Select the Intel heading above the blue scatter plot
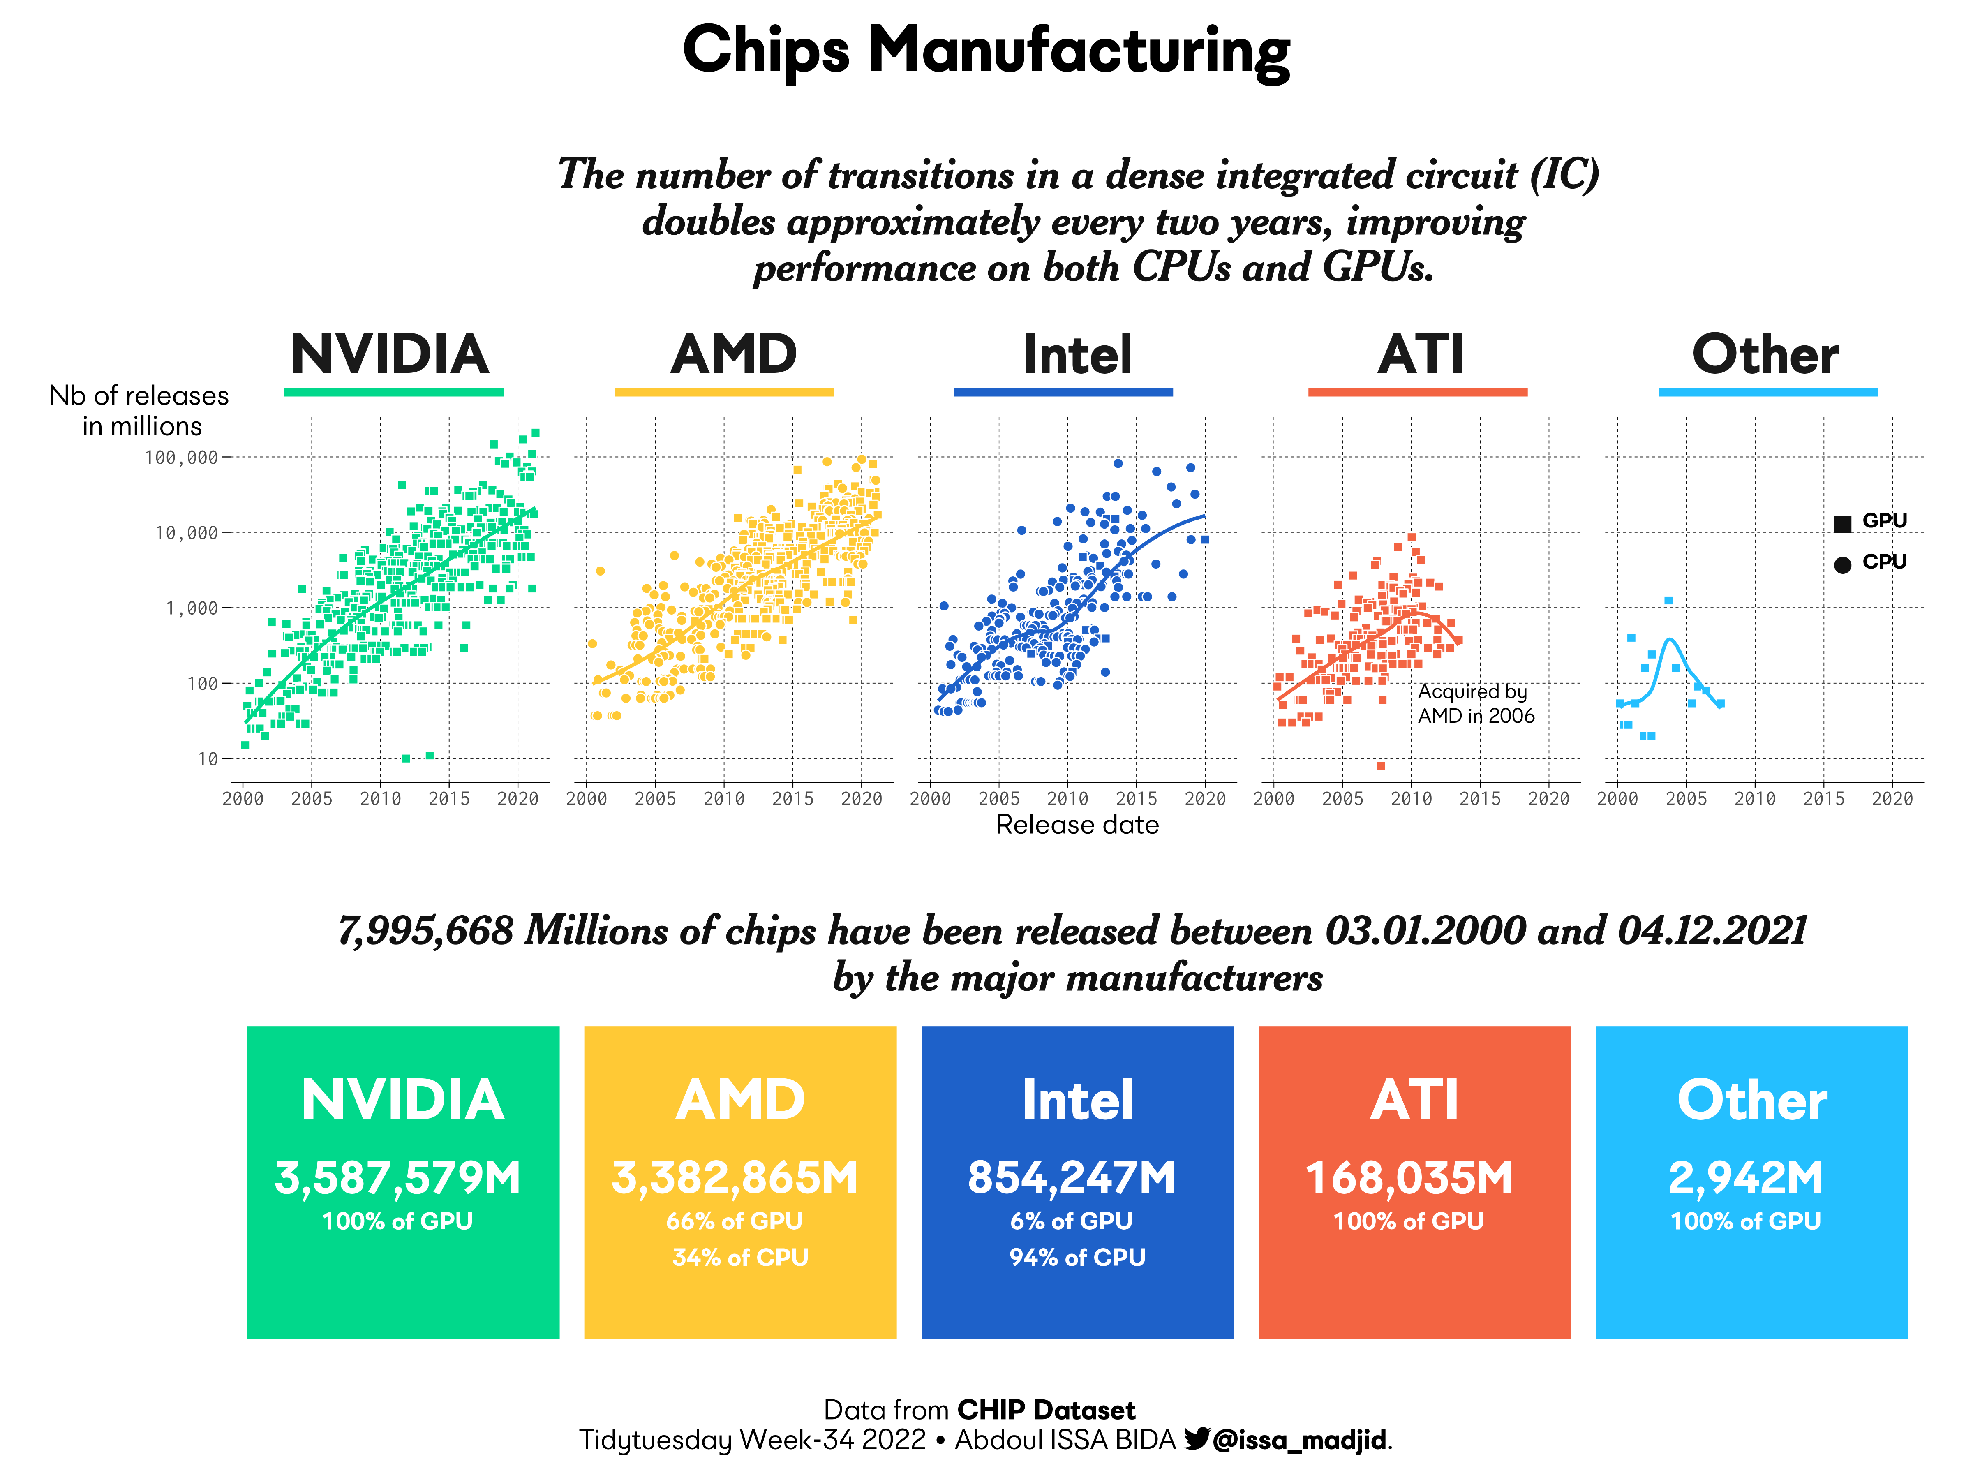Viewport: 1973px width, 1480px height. pos(1077,354)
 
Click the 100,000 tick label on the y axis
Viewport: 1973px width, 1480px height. pos(181,458)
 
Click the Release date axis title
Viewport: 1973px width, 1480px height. pos(1077,825)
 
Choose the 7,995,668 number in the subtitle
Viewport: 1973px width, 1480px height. pos(425,931)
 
